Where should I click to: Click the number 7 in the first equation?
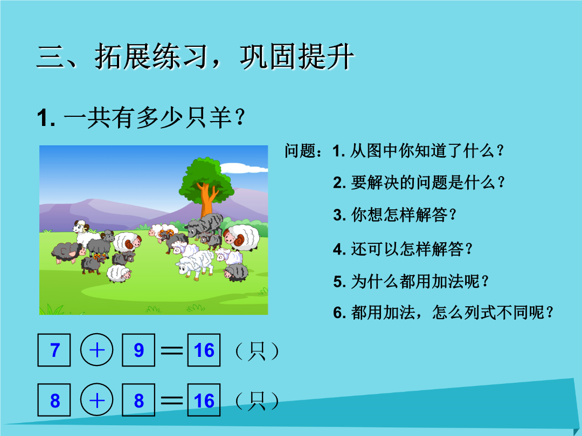pos(54,350)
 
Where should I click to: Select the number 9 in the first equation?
pos(138,350)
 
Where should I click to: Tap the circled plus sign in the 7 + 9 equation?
pos(97,350)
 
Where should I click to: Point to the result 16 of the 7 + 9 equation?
pos(204,350)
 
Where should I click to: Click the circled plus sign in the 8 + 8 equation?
pos(97,399)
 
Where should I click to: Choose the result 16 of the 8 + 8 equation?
pos(204,400)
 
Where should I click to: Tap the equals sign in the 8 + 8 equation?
pos(171,400)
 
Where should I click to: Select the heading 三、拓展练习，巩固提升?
pos(195,57)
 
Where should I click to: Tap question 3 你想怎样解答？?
pos(394,215)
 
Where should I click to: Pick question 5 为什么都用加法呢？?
pos(411,282)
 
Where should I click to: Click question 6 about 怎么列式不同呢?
pos(443,313)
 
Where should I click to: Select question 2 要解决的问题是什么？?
pos(419,182)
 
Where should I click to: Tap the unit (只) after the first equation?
pos(257,351)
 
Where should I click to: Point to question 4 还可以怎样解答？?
pos(403,249)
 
